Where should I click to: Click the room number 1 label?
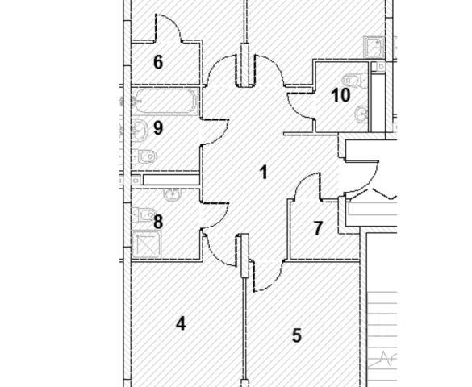tap(264, 173)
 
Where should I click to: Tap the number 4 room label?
tap(181, 324)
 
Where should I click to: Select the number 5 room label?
tap(297, 335)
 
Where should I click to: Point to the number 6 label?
tap(158, 62)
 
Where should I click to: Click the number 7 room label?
tap(318, 228)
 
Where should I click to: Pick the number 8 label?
tap(158, 222)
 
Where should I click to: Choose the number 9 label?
tap(158, 128)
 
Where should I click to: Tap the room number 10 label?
tap(340, 95)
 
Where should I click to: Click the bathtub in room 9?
tap(165, 102)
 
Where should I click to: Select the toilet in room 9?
tap(145, 156)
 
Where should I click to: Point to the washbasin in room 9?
tap(140, 130)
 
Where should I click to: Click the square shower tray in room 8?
tap(147, 244)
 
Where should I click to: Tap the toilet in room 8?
tap(144, 214)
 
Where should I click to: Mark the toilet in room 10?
tap(355, 81)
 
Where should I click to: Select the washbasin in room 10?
tap(361, 114)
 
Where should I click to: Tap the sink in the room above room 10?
tap(374, 48)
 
